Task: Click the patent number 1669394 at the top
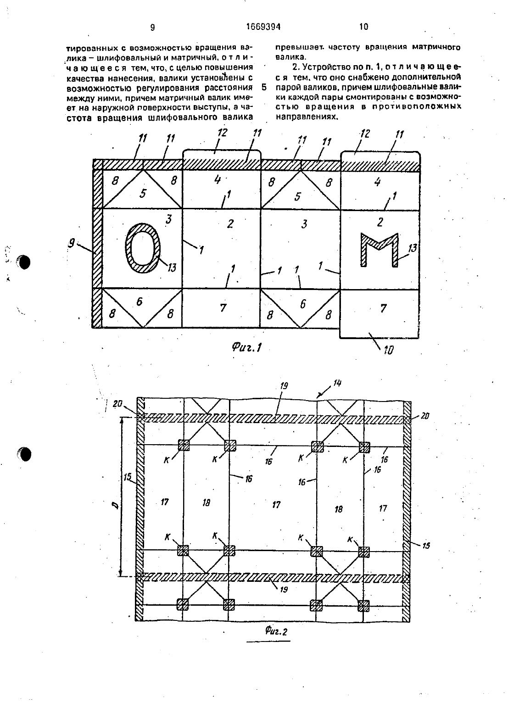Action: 263,27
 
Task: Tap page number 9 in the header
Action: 152,28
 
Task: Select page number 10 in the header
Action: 363,27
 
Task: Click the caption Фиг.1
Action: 247,347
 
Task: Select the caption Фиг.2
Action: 276,631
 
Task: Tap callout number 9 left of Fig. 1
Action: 72,243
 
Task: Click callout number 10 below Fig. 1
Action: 389,350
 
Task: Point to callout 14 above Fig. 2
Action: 337,383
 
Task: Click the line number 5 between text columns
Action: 264,87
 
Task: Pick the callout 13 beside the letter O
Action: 172,268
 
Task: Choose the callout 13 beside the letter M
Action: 413,248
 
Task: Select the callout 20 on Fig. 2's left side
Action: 117,403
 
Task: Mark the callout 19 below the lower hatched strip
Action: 283,590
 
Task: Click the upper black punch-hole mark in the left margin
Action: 24,262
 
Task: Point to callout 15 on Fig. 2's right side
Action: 426,546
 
